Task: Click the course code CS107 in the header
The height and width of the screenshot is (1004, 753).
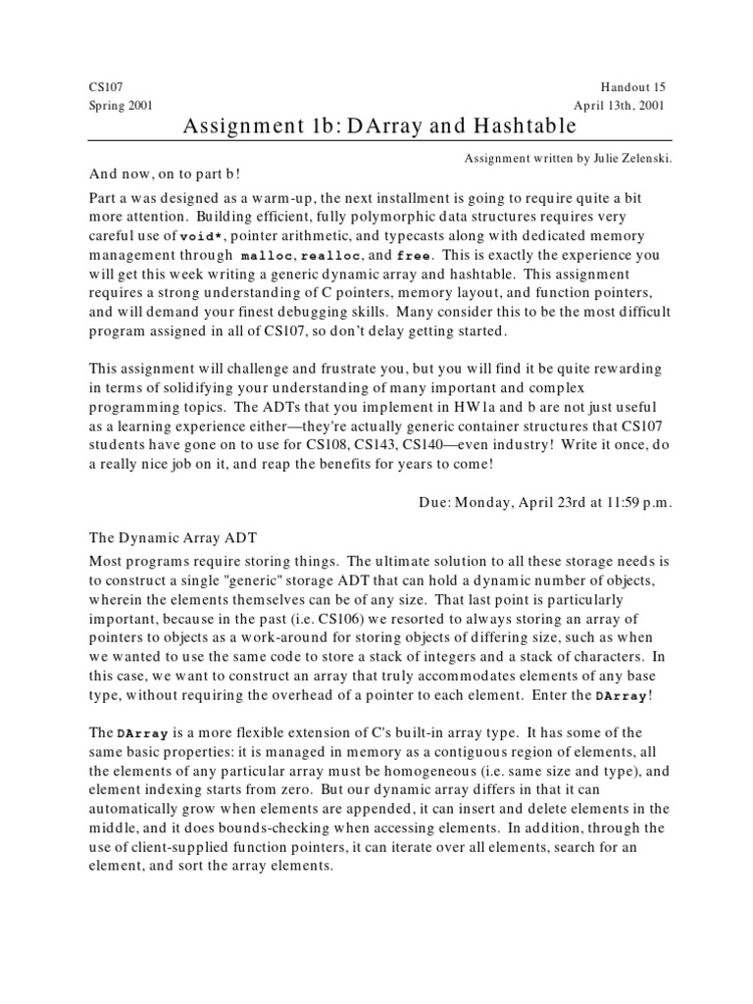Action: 105,87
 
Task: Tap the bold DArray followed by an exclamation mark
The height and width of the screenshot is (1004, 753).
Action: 621,695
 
